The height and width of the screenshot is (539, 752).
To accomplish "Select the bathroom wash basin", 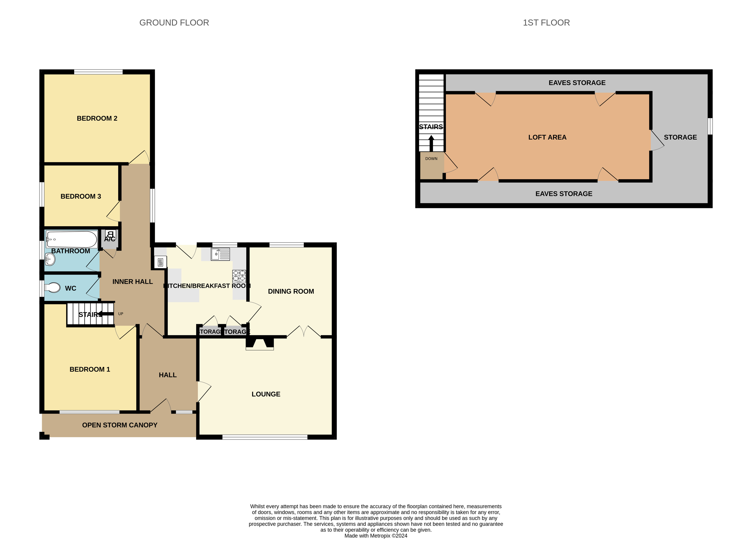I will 50,259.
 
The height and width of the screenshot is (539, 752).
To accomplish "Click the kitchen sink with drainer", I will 220,254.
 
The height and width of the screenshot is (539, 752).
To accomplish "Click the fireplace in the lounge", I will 260,344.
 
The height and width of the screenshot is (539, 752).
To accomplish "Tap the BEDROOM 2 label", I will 97,118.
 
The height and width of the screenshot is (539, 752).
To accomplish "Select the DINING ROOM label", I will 291,291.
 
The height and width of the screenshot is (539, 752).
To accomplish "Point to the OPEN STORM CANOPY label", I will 119,425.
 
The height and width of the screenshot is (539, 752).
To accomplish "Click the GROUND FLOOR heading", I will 174,23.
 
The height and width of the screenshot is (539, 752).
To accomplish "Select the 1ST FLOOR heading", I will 546,23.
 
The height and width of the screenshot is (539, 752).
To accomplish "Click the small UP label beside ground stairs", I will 121,314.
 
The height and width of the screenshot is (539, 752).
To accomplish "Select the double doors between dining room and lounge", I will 304,331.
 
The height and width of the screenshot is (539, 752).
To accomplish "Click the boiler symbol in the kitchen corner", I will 160,262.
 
